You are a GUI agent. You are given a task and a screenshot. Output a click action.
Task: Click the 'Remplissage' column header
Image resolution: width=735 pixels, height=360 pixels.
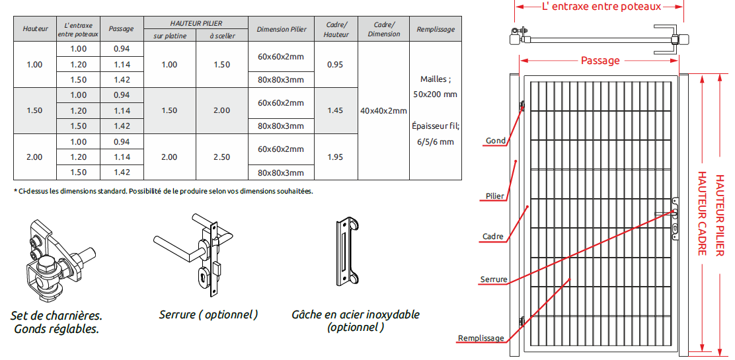coord(436,30)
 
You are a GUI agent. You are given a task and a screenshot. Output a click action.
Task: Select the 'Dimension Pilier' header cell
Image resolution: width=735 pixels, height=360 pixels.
coord(282,30)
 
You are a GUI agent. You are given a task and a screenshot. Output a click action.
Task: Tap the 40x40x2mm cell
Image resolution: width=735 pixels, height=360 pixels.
coord(383,111)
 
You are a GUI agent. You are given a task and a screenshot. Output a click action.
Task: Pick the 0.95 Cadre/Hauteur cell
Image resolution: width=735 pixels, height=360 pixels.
coord(335,65)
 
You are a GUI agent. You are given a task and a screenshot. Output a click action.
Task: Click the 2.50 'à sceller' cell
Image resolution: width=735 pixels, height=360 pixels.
coord(221,157)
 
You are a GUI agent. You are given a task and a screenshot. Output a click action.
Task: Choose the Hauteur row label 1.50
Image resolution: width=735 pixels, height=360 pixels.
coord(34,111)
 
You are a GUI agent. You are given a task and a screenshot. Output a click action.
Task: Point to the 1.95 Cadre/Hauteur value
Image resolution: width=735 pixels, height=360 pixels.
coord(335,157)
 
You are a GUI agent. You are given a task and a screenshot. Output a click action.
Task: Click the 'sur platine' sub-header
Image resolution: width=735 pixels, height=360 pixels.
coord(169,36)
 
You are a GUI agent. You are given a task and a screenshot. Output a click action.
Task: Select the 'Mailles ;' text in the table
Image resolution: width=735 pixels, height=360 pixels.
coord(436,79)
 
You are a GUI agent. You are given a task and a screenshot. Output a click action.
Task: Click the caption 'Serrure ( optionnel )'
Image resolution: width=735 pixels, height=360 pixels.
coord(208,314)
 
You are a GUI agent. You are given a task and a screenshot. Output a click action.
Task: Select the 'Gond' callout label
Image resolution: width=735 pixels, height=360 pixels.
coord(496,141)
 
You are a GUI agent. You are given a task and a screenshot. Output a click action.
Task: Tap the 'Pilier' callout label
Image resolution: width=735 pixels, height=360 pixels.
coord(495,196)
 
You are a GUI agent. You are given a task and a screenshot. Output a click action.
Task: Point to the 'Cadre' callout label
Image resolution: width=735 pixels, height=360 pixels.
coord(493,236)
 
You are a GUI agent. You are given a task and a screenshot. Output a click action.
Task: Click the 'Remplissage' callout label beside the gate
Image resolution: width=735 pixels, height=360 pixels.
coord(481,338)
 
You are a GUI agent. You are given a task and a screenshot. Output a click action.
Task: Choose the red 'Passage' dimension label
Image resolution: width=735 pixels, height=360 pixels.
coord(600,61)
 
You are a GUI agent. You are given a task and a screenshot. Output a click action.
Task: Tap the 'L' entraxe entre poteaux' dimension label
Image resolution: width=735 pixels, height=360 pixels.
coord(601,7)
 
